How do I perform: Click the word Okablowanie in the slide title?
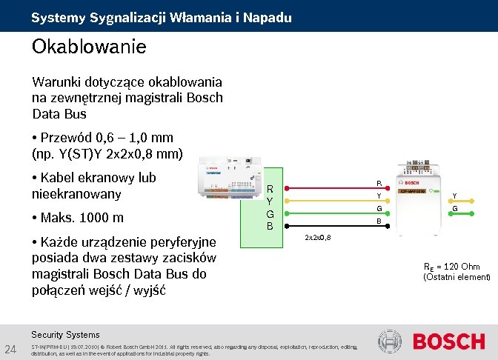pos(89,47)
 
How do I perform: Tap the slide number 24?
pos(11,349)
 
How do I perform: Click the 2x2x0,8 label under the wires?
pos(318,237)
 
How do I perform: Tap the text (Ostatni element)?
pos(456,277)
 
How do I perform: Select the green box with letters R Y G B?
pos(270,207)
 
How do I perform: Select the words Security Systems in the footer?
pos(65,334)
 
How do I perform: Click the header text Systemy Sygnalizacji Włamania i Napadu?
pos(161,17)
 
